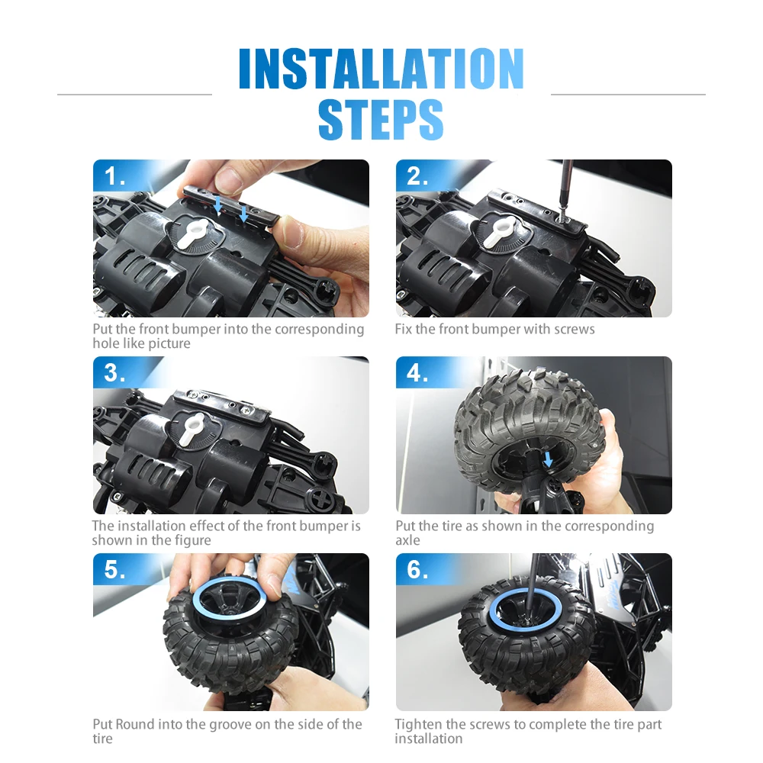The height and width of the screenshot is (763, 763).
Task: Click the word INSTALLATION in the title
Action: point(381,69)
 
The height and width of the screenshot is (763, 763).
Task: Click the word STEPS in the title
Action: point(381,119)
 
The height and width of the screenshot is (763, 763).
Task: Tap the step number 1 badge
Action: point(115,176)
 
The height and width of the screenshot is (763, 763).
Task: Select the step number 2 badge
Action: point(417,176)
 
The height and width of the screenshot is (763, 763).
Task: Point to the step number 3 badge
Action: point(115,373)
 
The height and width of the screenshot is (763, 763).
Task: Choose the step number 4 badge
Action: point(417,373)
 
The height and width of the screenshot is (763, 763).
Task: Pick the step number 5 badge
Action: point(115,569)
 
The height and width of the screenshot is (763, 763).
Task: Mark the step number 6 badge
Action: point(417,569)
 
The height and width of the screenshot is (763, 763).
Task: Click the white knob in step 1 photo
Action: point(193,233)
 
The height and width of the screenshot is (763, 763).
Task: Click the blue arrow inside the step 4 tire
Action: point(549,459)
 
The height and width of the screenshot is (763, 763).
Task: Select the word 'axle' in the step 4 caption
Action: point(407,541)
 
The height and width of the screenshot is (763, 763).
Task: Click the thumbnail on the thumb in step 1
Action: point(287,230)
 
